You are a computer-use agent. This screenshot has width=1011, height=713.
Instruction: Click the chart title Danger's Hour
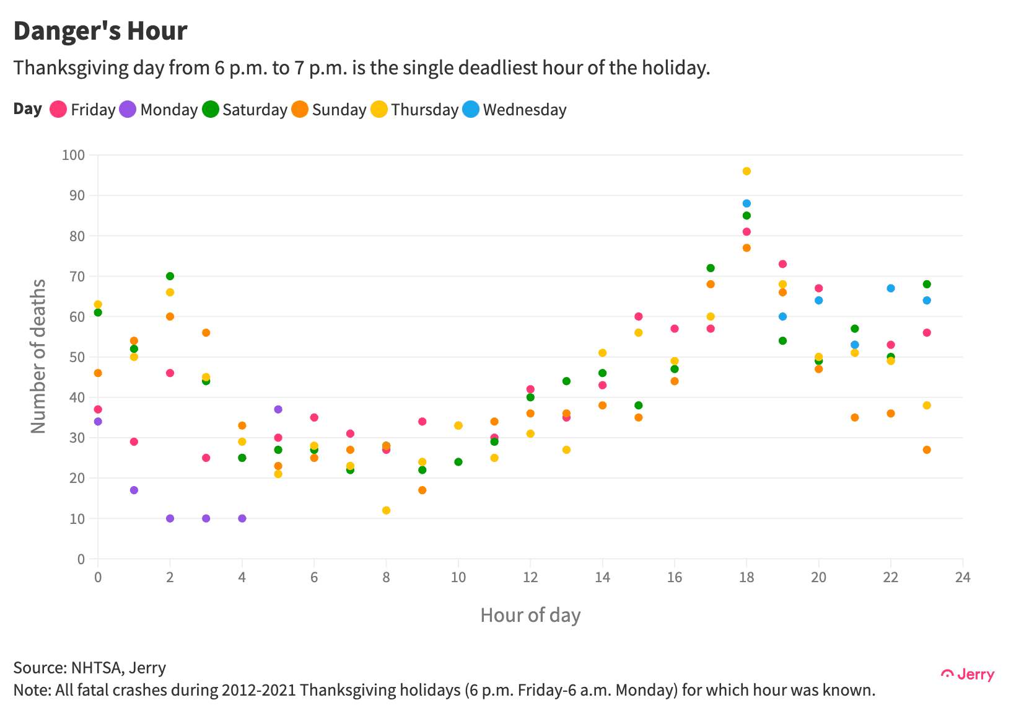pyautogui.click(x=100, y=31)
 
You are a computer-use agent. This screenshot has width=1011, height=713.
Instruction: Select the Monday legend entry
pyautogui.click(x=159, y=110)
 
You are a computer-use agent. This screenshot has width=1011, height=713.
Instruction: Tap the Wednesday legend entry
pyautogui.click(x=515, y=110)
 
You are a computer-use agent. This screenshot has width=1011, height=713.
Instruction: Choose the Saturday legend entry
pyautogui.click(x=245, y=110)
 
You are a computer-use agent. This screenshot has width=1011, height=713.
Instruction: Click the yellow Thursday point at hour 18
pyautogui.click(x=746, y=171)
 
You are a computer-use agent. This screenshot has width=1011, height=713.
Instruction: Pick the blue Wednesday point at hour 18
pyautogui.click(x=746, y=203)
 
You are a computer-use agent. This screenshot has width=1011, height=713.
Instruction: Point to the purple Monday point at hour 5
pyautogui.click(x=278, y=409)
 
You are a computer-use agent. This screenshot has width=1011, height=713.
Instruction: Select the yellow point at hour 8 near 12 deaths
pyautogui.click(x=386, y=510)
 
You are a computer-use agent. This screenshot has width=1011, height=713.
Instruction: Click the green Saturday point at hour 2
pyautogui.click(x=170, y=276)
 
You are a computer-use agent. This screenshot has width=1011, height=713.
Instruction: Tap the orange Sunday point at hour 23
pyautogui.click(x=927, y=449)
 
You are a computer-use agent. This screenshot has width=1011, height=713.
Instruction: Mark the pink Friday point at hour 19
pyautogui.click(x=782, y=264)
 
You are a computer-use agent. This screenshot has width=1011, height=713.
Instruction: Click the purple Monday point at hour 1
pyautogui.click(x=134, y=490)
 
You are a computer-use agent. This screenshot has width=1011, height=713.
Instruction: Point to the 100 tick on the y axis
pyautogui.click(x=73, y=155)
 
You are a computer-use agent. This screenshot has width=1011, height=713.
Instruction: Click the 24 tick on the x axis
pyautogui.click(x=963, y=578)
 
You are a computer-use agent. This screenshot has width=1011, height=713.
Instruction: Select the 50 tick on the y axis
pyautogui.click(x=77, y=357)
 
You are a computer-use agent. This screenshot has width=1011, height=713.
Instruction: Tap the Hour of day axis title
pyautogui.click(x=530, y=615)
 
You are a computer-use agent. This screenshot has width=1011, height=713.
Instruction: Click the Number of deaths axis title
pyautogui.click(x=38, y=356)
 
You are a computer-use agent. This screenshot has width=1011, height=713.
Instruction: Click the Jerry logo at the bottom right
pyautogui.click(x=968, y=675)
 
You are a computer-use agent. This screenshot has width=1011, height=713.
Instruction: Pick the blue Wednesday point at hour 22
pyautogui.click(x=891, y=288)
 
